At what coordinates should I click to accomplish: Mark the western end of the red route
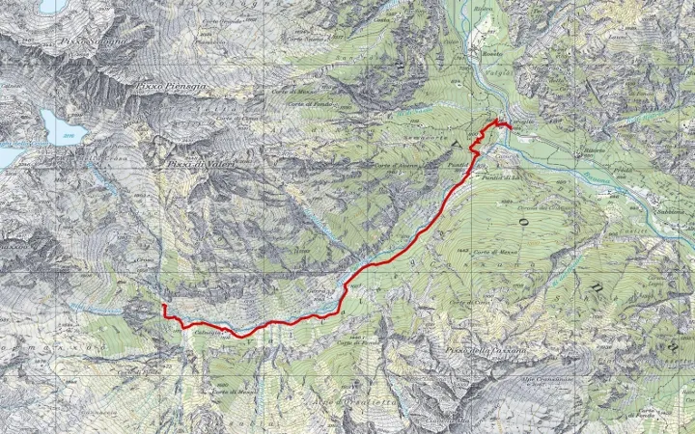[163, 305]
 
